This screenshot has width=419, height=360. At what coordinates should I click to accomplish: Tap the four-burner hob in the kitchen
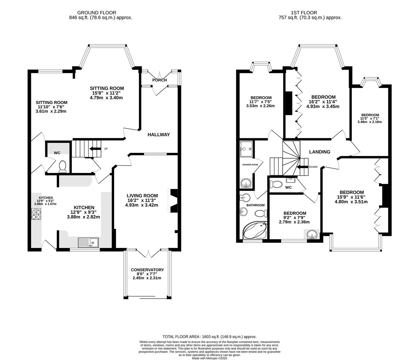(36, 214)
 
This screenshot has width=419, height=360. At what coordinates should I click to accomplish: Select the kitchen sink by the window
(88, 242)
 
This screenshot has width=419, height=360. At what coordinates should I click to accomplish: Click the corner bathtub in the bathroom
(255, 230)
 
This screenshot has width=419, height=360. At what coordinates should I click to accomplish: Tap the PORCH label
(159, 80)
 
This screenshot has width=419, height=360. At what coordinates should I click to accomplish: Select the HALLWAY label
(159, 135)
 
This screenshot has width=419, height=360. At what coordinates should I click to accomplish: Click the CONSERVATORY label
(147, 270)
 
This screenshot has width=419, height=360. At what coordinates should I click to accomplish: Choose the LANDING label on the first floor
(319, 152)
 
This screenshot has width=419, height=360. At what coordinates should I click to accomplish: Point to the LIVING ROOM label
(142, 196)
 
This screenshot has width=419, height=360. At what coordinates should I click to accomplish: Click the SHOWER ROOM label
(250, 165)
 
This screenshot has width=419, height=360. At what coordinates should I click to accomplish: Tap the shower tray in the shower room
(247, 146)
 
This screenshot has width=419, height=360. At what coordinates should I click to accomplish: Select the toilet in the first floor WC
(276, 184)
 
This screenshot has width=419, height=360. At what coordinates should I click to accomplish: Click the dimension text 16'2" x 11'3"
(142, 200)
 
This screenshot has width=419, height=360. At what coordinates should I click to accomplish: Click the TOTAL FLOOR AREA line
(209, 337)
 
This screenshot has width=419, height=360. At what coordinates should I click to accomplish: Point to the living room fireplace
(174, 201)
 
